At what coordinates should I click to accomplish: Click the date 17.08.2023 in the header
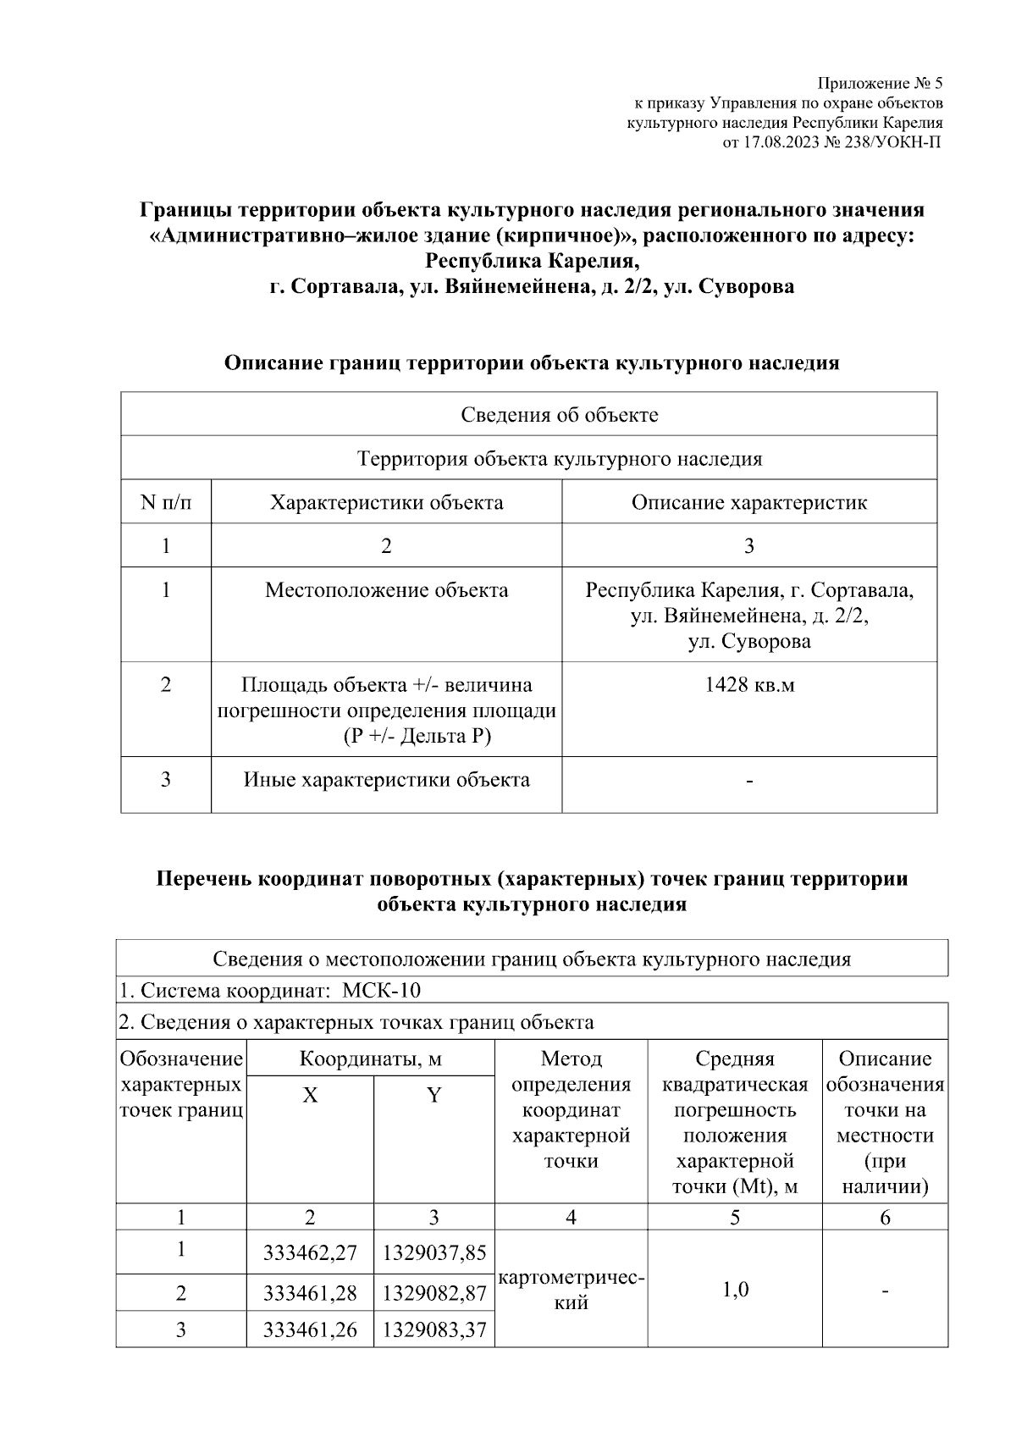779,142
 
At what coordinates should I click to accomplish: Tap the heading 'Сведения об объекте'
559,415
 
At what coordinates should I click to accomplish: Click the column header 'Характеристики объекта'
386,502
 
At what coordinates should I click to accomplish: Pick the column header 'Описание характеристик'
748,502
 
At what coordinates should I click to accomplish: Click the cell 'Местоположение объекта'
386,590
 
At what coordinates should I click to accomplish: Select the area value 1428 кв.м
748,684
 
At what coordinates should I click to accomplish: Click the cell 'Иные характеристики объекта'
386,779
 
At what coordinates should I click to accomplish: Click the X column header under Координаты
310,1096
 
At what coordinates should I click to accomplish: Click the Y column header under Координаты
433,1096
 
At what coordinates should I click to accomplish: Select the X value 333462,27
310,1252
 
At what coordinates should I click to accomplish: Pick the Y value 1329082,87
434,1293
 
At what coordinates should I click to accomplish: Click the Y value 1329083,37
434,1330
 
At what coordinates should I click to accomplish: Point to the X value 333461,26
310,1330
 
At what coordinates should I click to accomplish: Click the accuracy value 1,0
734,1290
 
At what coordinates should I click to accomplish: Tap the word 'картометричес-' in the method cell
572,1278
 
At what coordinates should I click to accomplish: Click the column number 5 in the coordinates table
734,1218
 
